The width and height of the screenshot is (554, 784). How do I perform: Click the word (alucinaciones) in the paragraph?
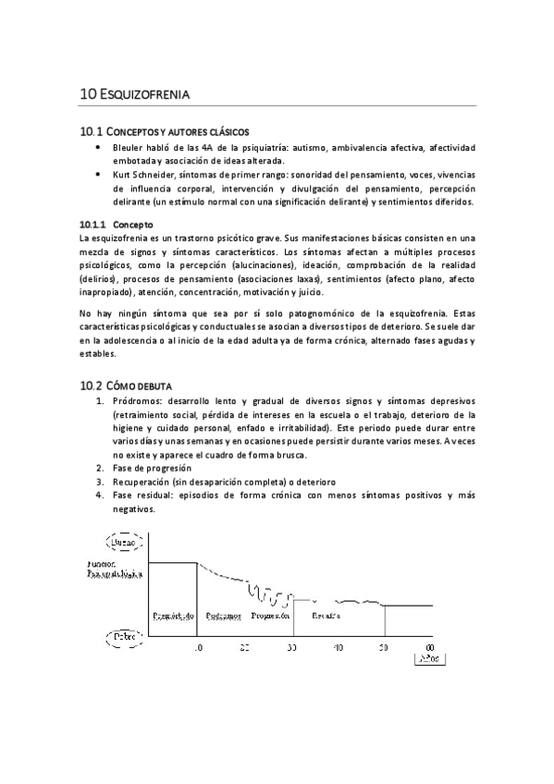(x=264, y=265)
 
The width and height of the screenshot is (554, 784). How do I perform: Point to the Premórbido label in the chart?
(x=172, y=615)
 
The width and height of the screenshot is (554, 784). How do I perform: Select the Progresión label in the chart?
(x=270, y=615)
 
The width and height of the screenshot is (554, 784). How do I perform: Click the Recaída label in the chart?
(x=326, y=615)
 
